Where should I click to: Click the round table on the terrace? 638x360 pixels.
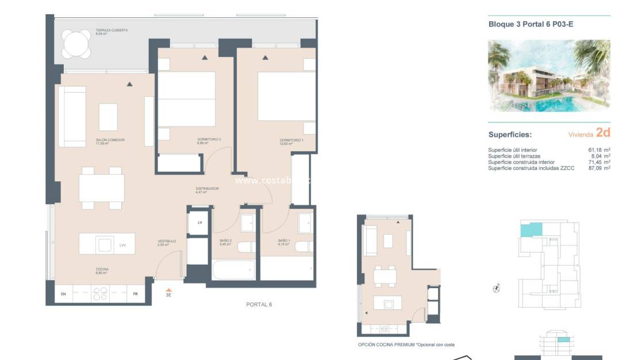click(76, 44)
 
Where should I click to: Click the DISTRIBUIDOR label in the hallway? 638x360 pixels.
click(207, 188)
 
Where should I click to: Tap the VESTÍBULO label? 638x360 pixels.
click(167, 242)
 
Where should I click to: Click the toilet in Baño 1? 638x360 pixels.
click(303, 247)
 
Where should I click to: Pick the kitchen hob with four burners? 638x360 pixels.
click(100, 294)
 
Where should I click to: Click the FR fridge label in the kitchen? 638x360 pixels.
click(136, 294)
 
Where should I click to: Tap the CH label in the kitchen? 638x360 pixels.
click(63, 294)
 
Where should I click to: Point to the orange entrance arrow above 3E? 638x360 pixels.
click(168, 290)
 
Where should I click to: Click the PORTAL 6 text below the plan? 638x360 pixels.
click(259, 304)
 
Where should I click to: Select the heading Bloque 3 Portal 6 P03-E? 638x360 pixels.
click(531, 24)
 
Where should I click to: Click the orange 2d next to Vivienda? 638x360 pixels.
click(603, 133)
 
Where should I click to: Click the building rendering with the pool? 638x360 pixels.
click(549, 75)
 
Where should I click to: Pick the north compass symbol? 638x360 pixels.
click(497, 289)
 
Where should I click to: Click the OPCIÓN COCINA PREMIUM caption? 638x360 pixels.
click(406, 345)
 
